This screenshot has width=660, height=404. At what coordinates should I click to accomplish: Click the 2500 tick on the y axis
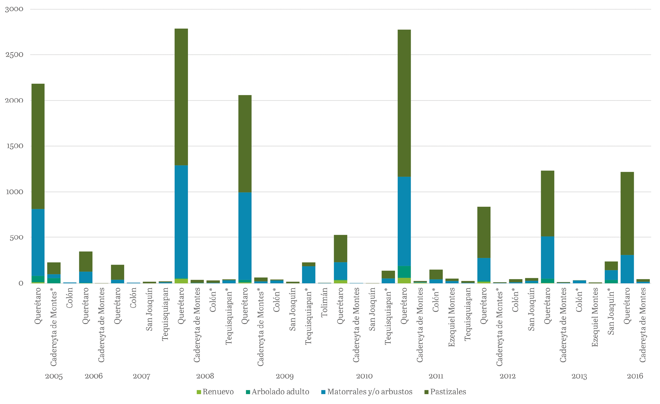pyautogui.click(x=14, y=55)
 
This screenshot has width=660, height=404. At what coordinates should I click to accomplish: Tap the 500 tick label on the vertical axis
pyautogui.click(x=16, y=237)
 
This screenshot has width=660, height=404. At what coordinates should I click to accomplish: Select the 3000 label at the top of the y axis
pyautogui.click(x=14, y=9)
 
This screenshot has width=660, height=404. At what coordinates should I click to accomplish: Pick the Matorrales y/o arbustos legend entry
pyautogui.click(x=366, y=392)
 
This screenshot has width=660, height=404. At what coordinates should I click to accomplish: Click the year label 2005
pyautogui.click(x=54, y=376)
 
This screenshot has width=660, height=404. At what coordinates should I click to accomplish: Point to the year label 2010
pyautogui.click(x=364, y=376)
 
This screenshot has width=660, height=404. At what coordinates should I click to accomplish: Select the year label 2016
pyautogui.click(x=635, y=376)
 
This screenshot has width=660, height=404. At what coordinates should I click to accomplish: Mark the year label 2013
pyautogui.click(x=579, y=376)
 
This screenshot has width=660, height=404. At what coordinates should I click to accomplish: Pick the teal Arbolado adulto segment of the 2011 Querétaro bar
pyautogui.click(x=404, y=272)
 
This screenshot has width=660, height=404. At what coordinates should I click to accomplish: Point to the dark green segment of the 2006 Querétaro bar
pyautogui.click(x=86, y=262)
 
